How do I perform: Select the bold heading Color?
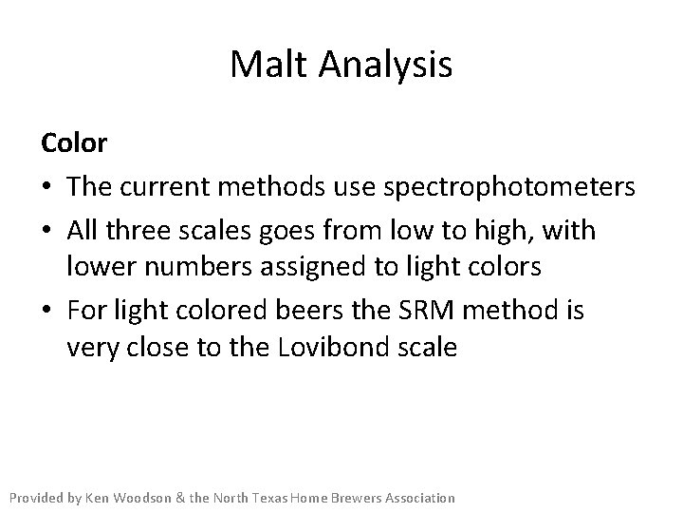point(73,143)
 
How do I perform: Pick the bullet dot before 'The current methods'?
point(47,188)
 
